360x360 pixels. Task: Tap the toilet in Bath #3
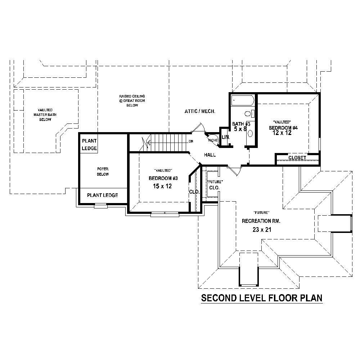click(248, 114)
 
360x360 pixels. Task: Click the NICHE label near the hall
click(212, 140)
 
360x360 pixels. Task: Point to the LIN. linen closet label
click(226, 137)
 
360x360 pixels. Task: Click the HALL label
click(210, 155)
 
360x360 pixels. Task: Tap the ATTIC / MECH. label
click(200, 112)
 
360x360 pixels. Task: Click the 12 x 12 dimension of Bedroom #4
click(282, 133)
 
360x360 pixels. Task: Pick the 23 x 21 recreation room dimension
click(261, 230)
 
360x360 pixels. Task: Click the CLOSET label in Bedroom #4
click(297, 158)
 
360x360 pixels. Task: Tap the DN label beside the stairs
click(191, 141)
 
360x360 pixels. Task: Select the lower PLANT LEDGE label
click(103, 195)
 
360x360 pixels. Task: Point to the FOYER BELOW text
click(103, 171)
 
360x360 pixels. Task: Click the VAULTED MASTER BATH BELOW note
click(45, 114)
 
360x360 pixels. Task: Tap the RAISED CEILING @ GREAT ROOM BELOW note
click(132, 101)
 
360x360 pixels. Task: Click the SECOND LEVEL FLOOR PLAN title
click(261, 298)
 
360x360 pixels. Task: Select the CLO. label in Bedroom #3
click(194, 192)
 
